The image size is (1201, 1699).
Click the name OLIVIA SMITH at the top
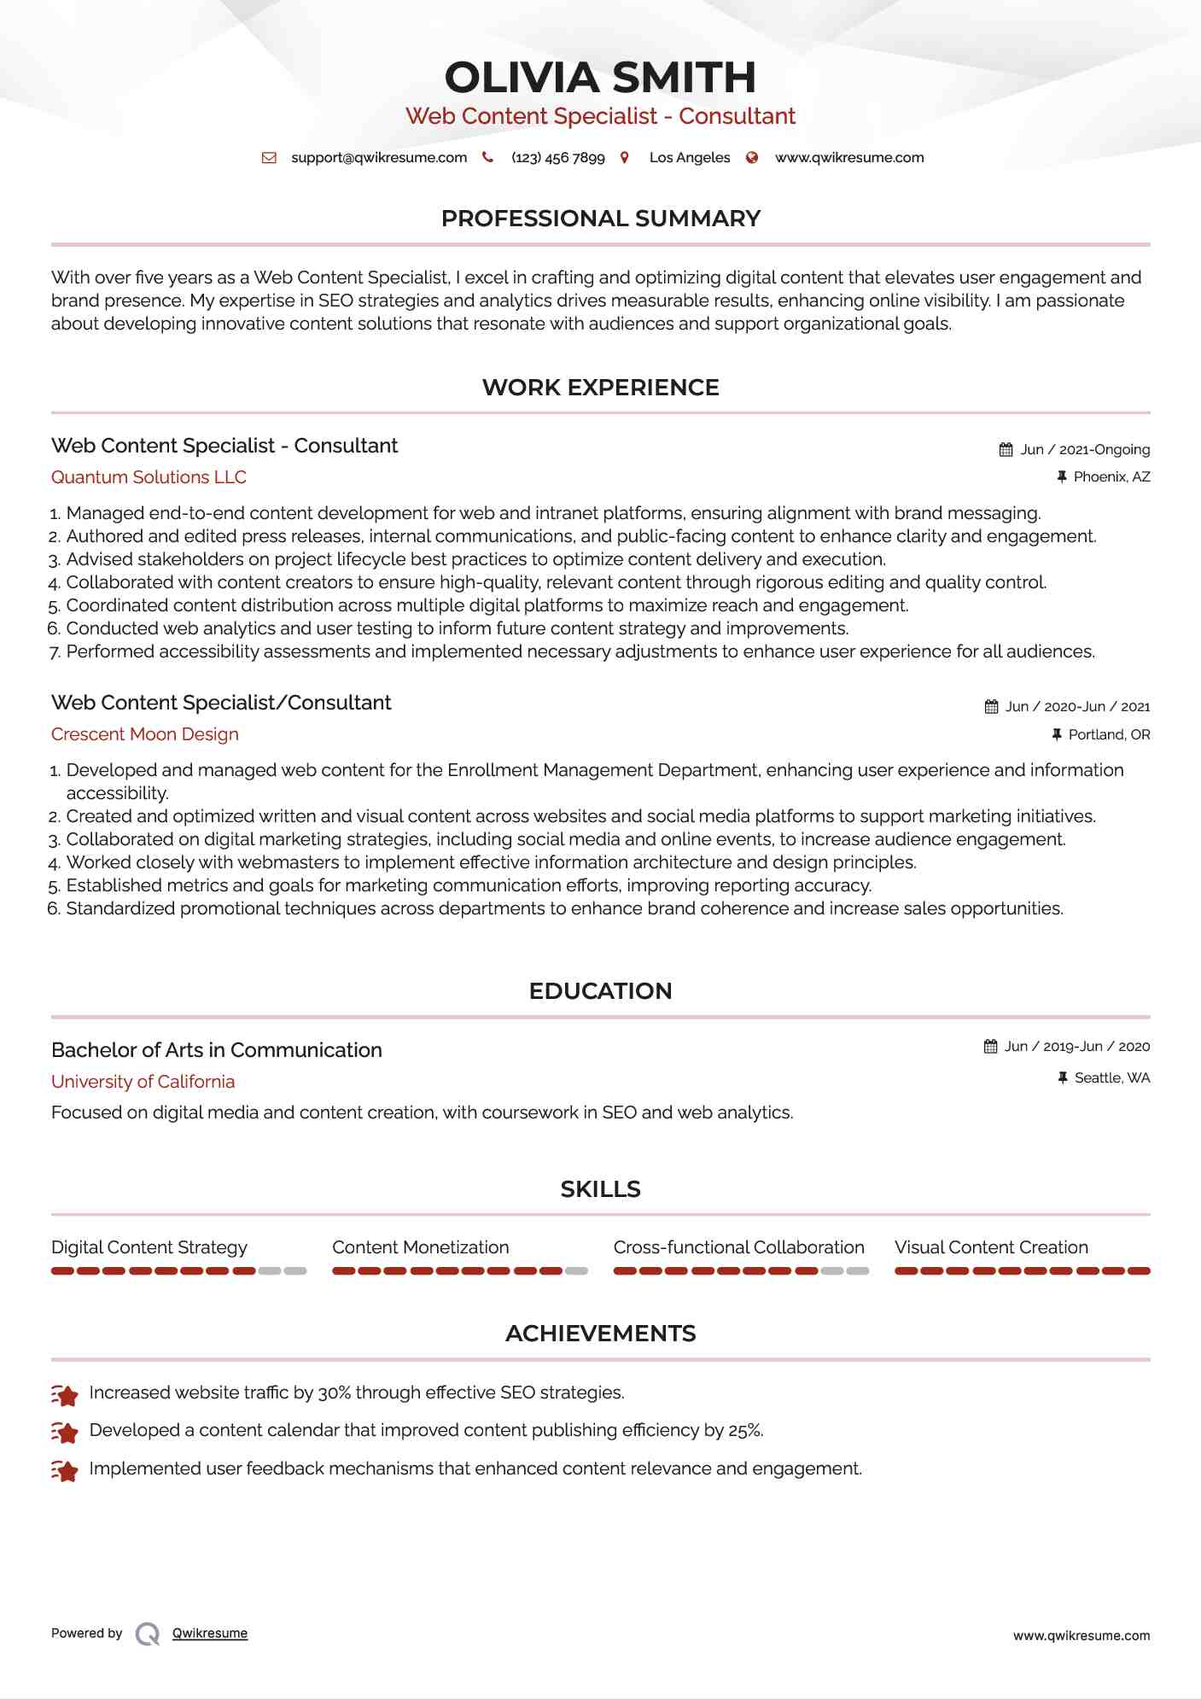tap(600, 78)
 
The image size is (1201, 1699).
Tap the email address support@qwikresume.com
tap(379, 158)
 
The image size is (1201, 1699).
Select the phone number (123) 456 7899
tap(557, 158)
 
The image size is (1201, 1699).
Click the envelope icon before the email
tap(269, 158)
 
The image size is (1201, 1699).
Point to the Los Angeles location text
tap(689, 158)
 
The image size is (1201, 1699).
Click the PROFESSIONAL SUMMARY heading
tap(600, 219)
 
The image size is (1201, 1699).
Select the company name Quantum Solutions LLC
tap(149, 477)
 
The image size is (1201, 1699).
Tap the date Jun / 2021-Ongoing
tap(1084, 450)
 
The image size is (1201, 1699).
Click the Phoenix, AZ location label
tap(1111, 477)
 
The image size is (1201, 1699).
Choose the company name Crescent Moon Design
tap(144, 734)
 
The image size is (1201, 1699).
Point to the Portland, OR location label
tap(1109, 735)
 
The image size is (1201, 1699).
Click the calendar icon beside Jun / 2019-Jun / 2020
tap(990, 1047)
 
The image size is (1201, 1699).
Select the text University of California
tap(143, 1082)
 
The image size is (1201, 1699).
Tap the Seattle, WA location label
tap(1111, 1078)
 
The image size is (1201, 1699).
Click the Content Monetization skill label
tap(420, 1247)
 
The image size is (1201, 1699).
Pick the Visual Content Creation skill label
tap(991, 1247)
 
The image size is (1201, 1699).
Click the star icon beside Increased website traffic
tap(65, 1395)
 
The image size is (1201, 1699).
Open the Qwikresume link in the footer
tap(210, 1633)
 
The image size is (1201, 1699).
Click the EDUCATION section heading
tap(600, 991)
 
